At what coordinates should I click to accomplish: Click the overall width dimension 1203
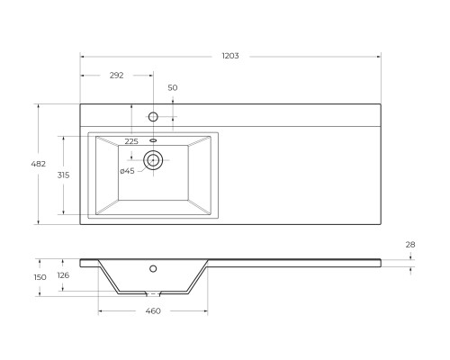pos(230,56)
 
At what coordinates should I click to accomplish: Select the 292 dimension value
pos(117,76)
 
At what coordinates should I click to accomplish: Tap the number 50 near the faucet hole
pos(173,87)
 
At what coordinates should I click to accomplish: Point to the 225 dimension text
pos(131,141)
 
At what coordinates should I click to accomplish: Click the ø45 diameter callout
pos(127,171)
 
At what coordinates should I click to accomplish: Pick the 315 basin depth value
pos(51,175)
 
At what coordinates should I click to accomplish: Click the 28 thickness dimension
pos(411,245)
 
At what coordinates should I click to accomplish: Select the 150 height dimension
pos(40,277)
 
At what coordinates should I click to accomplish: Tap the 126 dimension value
pos(63,275)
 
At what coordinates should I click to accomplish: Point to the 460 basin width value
pos(152,310)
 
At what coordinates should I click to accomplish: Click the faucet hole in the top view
pos(153,117)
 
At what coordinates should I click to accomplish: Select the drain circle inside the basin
pos(153,162)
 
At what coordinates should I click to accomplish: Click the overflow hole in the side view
pos(153,268)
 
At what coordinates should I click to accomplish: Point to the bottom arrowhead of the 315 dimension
pos(64,213)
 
